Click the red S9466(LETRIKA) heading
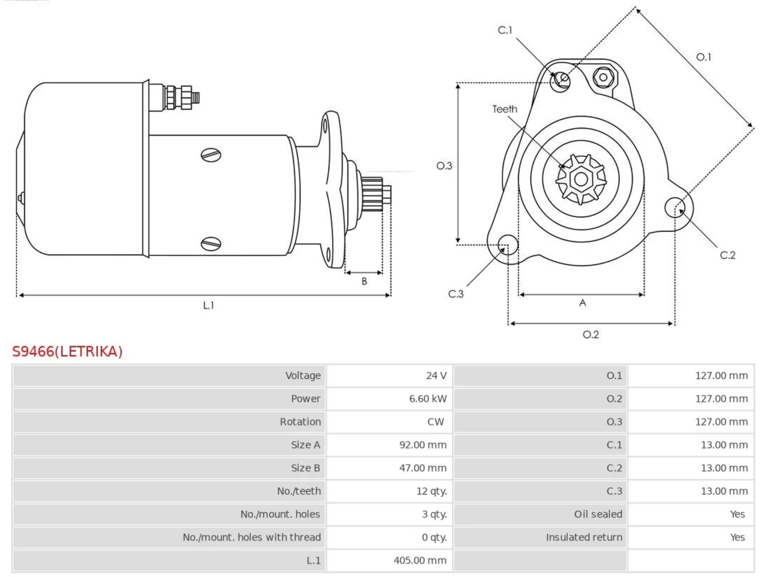[67, 352]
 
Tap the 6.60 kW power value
[427, 398]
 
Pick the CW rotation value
[436, 422]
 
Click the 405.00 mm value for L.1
[420, 561]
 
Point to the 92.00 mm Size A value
[422, 445]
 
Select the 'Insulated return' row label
[584, 537]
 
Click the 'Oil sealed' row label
[598, 514]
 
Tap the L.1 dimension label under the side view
[208, 305]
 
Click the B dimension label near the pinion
[364, 281]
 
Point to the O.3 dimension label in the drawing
[444, 166]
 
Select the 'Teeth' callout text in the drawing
[505, 109]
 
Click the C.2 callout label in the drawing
[728, 255]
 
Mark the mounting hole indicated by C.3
[508, 245]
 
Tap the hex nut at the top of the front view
[603, 78]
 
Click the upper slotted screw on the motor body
[211, 155]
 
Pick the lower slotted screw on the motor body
[211, 244]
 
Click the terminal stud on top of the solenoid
[181, 98]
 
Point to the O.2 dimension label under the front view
[591, 335]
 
